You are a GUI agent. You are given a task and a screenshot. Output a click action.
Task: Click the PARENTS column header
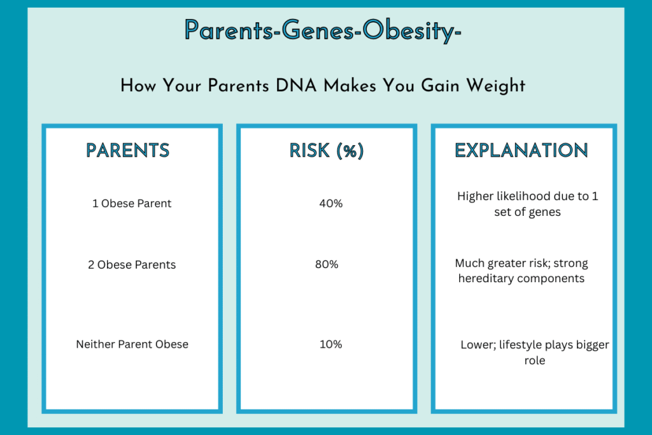coord(128,150)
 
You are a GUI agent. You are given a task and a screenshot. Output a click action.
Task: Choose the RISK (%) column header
coord(326,150)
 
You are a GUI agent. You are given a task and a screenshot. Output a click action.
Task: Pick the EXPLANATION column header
coord(521,150)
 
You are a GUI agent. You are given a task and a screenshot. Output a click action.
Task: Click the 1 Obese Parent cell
coord(132,204)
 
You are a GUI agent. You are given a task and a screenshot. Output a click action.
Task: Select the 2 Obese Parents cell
coord(132,264)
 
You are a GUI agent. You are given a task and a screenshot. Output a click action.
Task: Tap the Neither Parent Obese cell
coord(132,344)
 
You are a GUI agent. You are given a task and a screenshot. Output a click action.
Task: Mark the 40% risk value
coord(330,204)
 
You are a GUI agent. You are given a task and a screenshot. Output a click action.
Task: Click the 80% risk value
coord(326,264)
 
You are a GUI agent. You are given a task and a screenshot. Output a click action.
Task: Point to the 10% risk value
coord(330,344)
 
